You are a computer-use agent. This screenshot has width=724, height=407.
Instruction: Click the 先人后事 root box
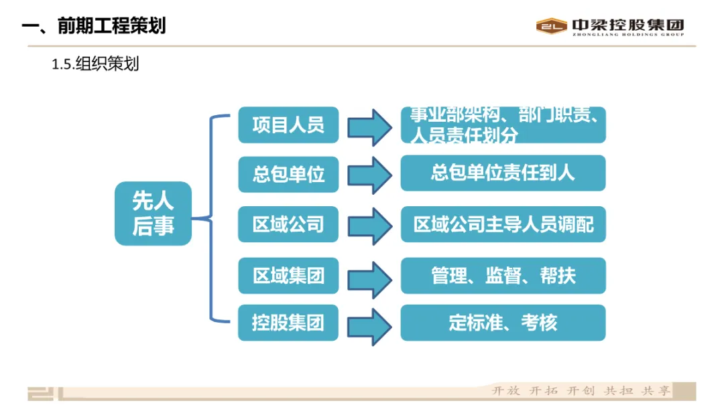(x=153, y=214)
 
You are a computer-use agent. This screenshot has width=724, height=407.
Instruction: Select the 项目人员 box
(x=288, y=125)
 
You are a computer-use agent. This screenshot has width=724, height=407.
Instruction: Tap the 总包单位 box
(x=288, y=174)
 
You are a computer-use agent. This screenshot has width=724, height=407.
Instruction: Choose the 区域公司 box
(x=288, y=224)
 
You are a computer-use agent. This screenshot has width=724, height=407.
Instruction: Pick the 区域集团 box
(x=288, y=275)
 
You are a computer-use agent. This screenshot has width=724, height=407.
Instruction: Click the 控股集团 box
(x=288, y=323)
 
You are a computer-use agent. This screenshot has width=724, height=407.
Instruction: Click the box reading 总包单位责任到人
(x=503, y=173)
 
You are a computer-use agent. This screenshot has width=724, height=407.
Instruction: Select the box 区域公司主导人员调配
(x=503, y=224)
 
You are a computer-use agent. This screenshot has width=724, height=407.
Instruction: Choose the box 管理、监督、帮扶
(x=503, y=275)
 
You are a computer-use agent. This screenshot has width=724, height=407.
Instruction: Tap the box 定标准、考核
(x=503, y=323)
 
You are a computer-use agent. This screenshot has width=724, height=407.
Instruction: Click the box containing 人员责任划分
(x=503, y=125)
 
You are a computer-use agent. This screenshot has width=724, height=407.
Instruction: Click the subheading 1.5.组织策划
(x=95, y=64)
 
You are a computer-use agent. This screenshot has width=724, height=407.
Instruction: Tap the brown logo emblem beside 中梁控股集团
(x=551, y=26)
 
